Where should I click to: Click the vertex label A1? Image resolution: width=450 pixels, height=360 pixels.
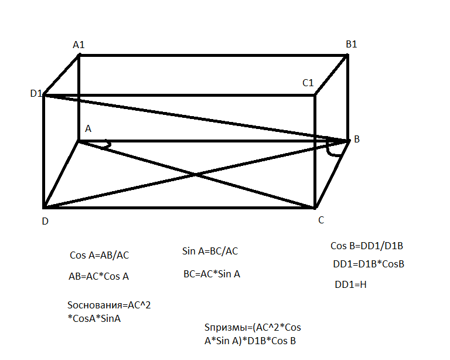pyautogui.click(x=79, y=44)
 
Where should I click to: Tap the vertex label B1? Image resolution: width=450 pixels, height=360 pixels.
pyautogui.click(x=352, y=45)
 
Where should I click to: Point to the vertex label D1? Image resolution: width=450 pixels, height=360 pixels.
pyautogui.click(x=36, y=94)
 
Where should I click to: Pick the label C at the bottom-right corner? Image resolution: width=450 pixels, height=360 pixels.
pyautogui.click(x=321, y=220)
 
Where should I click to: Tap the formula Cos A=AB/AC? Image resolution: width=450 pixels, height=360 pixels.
pyautogui.click(x=99, y=256)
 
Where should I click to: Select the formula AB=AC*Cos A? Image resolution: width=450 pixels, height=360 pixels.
pyautogui.click(x=98, y=277)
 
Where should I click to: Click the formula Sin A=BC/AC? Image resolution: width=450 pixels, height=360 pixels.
pyautogui.click(x=210, y=252)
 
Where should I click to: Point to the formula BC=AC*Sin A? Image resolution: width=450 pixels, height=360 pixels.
pyautogui.click(x=212, y=274)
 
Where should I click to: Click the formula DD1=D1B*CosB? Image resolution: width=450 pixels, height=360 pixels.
pyautogui.click(x=369, y=264)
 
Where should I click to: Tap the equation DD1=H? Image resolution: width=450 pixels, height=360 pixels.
pyautogui.click(x=350, y=285)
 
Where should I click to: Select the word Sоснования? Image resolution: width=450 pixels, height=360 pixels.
pyautogui.click(x=96, y=305)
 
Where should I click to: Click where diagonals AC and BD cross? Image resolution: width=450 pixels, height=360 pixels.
pyautogui.click(x=196, y=174)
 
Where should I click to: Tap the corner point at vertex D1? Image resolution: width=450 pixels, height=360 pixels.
pyautogui.click(x=45, y=95)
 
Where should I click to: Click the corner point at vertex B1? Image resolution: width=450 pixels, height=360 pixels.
pyautogui.click(x=347, y=55)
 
